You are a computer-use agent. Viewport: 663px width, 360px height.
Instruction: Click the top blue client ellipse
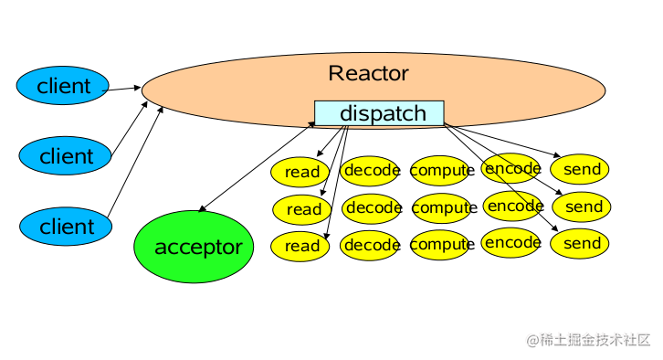(x=63, y=87)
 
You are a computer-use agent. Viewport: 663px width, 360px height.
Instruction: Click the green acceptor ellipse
(x=198, y=247)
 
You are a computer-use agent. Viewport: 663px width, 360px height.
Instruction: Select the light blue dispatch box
(x=380, y=113)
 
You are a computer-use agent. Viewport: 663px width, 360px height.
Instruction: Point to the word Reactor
(x=368, y=73)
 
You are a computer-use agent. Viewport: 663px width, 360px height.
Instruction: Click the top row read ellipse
(x=301, y=172)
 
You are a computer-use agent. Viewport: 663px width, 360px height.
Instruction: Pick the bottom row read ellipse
(x=301, y=246)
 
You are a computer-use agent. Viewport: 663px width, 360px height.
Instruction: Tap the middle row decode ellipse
(x=373, y=208)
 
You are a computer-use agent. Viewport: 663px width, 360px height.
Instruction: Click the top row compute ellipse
(x=441, y=170)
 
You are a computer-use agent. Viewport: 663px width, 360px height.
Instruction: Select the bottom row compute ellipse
(x=442, y=245)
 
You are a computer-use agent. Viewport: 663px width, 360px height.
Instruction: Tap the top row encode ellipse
(x=511, y=168)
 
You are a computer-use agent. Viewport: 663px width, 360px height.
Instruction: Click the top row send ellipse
(x=582, y=170)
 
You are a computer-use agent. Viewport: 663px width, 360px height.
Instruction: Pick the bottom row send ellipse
(x=582, y=244)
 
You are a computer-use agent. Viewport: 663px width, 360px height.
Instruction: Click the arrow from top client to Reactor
(x=125, y=89)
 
